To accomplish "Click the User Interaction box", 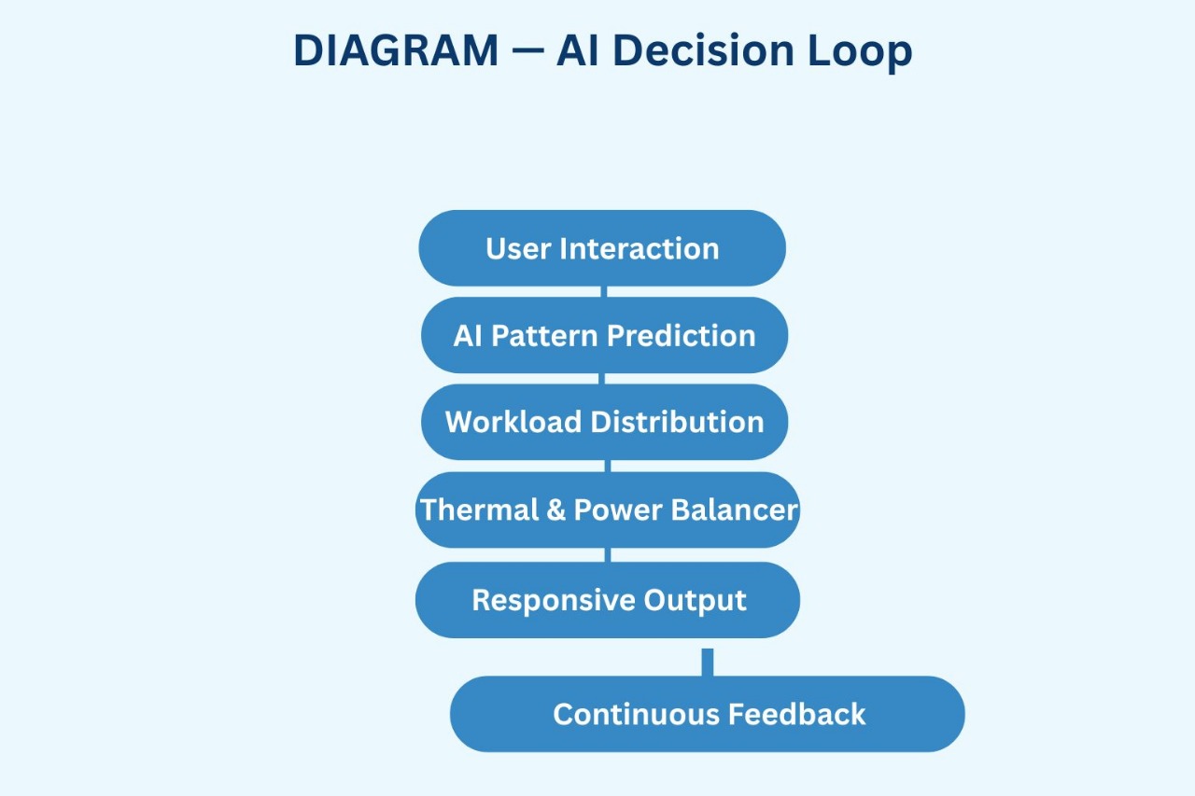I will pyautogui.click(x=602, y=248).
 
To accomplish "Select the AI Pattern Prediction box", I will pyautogui.click(x=604, y=335).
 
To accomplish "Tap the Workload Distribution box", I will pyautogui.click(x=604, y=422).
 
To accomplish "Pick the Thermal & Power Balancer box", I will pyautogui.click(x=608, y=510).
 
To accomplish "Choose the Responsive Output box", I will pyautogui.click(x=608, y=600).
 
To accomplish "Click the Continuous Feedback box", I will pyautogui.click(x=708, y=714).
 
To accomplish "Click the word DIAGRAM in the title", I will pyautogui.click(x=396, y=50).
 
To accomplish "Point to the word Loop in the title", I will pyautogui.click(x=860, y=50).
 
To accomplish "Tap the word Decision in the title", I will pyautogui.click(x=710, y=50).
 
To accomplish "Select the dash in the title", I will pyautogui.click(x=528, y=52).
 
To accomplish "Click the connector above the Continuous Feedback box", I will pyautogui.click(x=708, y=662).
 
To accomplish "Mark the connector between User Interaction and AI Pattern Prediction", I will pyautogui.click(x=604, y=292).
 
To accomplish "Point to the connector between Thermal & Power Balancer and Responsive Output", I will pyautogui.click(x=609, y=555).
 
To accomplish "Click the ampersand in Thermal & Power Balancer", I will pyautogui.click(x=556, y=510).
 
